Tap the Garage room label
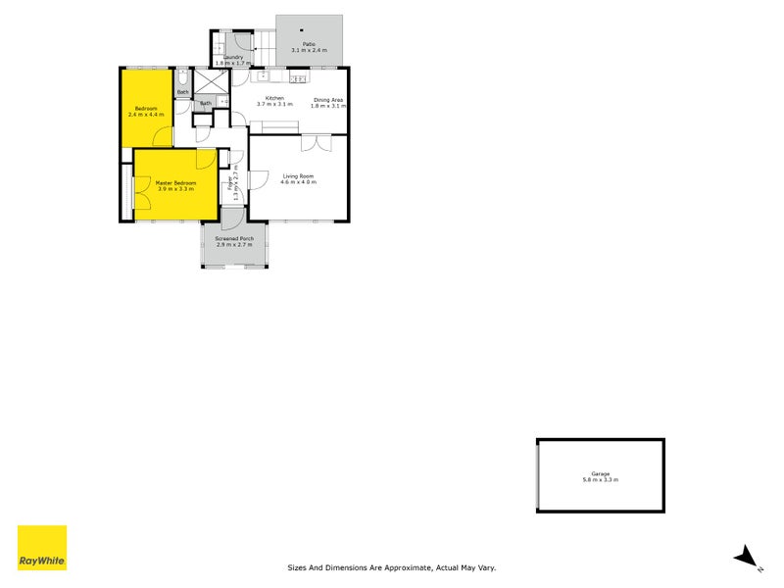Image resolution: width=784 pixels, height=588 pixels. click(x=601, y=473)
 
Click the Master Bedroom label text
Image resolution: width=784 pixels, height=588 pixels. click(x=175, y=183)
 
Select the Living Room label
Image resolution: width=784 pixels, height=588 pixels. click(x=298, y=176)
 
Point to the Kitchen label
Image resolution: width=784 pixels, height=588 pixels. click(x=275, y=99)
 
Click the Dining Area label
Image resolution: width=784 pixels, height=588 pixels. click(x=328, y=99)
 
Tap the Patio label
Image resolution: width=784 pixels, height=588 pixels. click(x=309, y=44)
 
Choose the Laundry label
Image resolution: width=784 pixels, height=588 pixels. click(x=232, y=57)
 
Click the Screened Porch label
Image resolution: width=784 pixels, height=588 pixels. click(x=234, y=238)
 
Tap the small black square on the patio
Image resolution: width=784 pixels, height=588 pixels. click(x=302, y=29)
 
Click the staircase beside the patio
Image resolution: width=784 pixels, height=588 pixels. click(x=266, y=42)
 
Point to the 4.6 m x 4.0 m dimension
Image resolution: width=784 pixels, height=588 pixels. click(x=298, y=182)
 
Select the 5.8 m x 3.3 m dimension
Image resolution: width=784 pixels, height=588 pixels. click(x=601, y=480)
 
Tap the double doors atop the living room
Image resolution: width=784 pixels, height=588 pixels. click(x=316, y=143)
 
